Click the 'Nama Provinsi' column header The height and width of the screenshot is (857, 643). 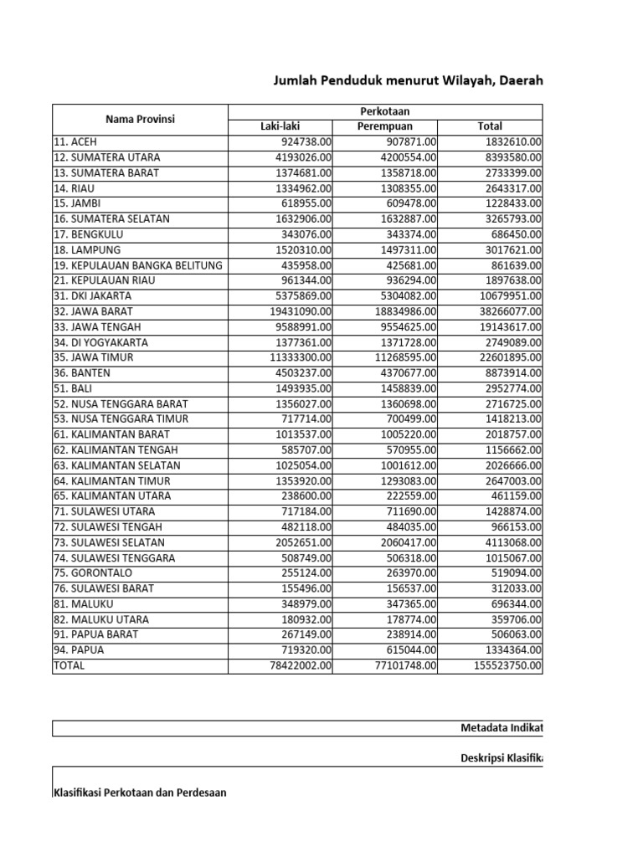click(x=140, y=119)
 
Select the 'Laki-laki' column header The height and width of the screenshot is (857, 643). click(x=280, y=126)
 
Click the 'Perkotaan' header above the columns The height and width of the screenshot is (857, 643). click(x=384, y=111)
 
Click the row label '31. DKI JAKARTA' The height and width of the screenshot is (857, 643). click(x=92, y=296)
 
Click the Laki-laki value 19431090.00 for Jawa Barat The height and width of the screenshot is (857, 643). click(x=297, y=311)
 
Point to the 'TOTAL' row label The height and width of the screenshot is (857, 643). click(x=69, y=666)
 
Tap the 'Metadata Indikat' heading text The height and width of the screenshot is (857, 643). click(x=502, y=728)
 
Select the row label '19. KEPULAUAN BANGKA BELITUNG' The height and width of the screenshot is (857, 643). click(x=138, y=265)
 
